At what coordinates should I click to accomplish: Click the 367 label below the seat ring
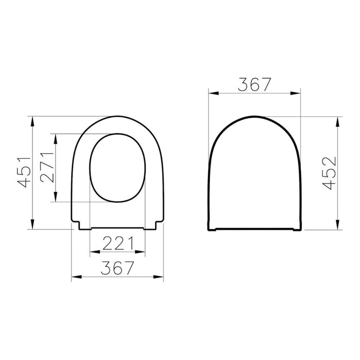click(x=117, y=268)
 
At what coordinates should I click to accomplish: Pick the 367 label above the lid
click(x=254, y=84)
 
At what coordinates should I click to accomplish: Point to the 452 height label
click(x=330, y=173)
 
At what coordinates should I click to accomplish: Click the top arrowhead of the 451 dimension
click(x=33, y=120)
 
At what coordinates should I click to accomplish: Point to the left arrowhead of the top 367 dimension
click(x=211, y=94)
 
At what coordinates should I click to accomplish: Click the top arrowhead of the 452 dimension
click(x=337, y=120)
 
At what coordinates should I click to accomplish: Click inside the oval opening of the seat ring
click(x=117, y=168)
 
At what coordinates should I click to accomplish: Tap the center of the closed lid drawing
click(x=254, y=175)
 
